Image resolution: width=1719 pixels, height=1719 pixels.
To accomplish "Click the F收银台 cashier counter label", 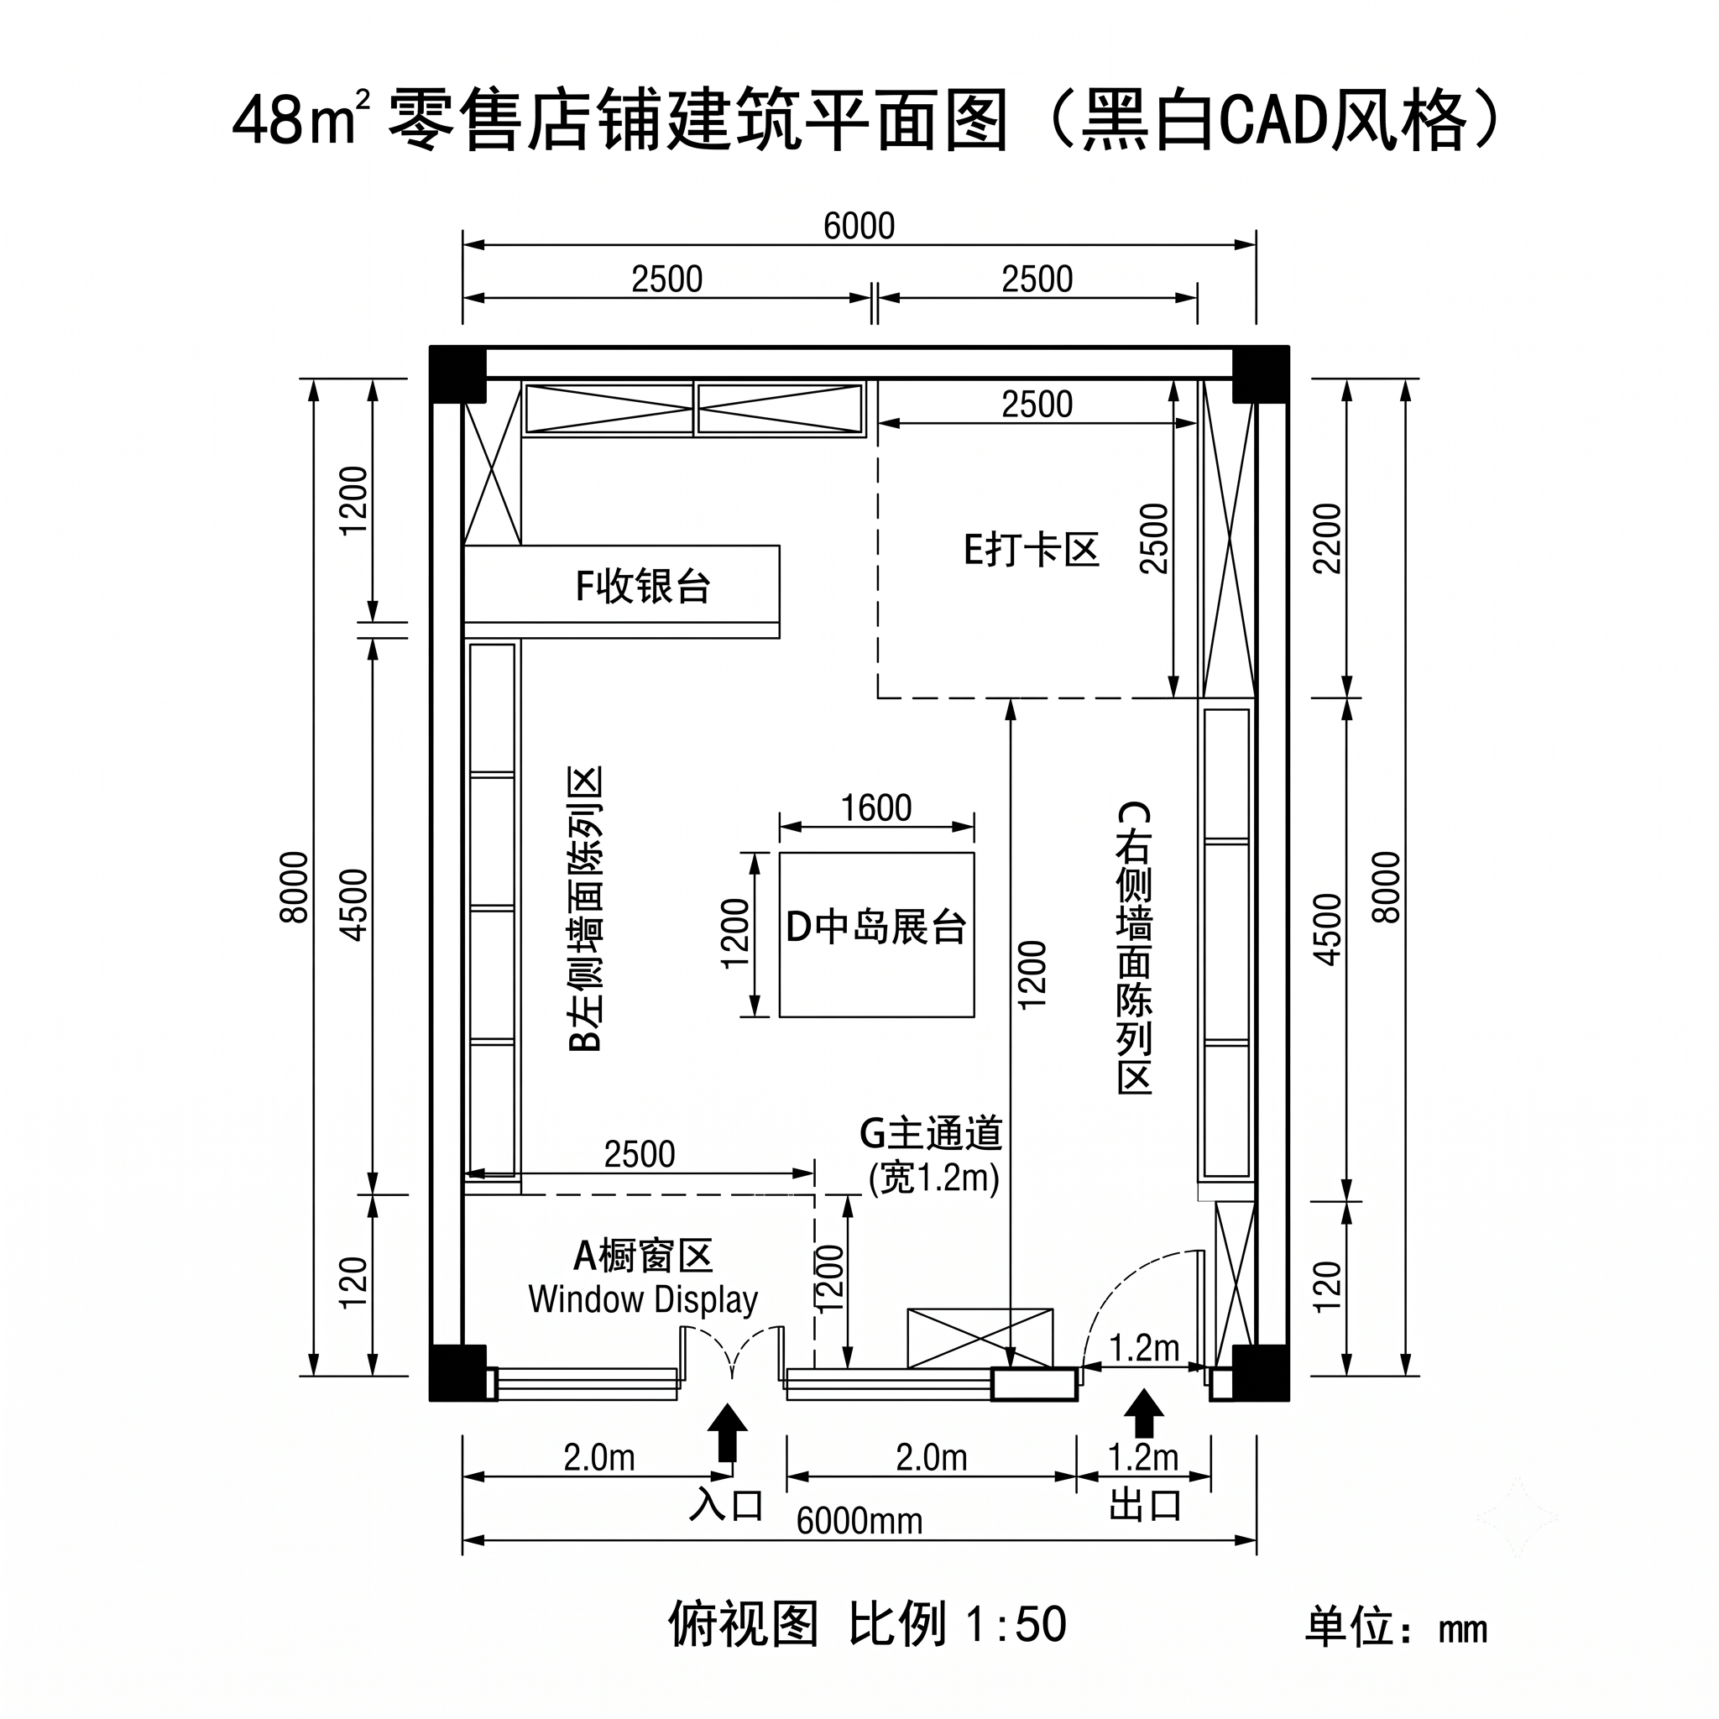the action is tap(642, 587).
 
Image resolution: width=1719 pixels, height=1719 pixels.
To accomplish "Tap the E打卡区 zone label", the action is tap(1032, 550).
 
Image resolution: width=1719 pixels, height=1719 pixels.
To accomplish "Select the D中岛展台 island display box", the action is tap(876, 934).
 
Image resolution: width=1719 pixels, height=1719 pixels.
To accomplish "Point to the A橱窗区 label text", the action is tap(642, 1256).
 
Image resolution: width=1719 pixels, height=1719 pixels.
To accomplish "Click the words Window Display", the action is tap(642, 1300).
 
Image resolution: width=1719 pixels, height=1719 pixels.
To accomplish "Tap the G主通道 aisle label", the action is tap(931, 1133).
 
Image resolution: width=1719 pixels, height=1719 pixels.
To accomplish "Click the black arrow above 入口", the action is tap(728, 1432).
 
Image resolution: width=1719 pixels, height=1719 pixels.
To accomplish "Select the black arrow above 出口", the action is tap(1143, 1413).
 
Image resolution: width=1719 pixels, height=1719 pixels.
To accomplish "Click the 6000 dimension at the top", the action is tap(859, 226).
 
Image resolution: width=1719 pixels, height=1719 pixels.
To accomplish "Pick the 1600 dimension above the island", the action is tap(876, 808).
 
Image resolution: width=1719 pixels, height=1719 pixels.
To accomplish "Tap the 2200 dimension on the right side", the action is tap(1327, 538).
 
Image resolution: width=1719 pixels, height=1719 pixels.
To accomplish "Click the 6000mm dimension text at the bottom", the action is tap(859, 1522).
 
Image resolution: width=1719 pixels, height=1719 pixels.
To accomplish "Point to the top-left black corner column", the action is tap(458, 374).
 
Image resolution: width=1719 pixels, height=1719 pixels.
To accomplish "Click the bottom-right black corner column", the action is tap(1261, 1372).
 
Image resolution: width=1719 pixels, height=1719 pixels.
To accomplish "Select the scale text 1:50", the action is tap(1016, 1624).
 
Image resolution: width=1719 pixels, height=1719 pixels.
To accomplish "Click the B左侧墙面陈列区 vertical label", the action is tap(586, 908).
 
